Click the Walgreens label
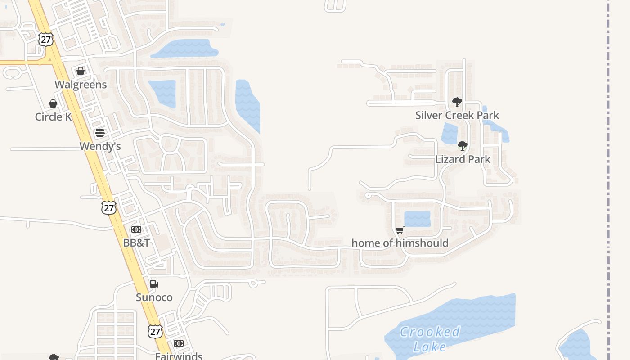[x=81, y=85]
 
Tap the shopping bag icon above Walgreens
[x=81, y=71]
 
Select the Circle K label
[x=53, y=117]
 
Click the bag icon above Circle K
[x=53, y=103]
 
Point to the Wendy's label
[x=100, y=146]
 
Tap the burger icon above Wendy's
[x=100, y=133]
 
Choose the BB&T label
[x=136, y=243]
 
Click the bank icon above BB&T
[x=136, y=229]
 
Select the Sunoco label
[x=154, y=297]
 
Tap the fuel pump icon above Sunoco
[x=154, y=284]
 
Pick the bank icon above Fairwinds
[x=179, y=343]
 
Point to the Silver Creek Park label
[x=457, y=115]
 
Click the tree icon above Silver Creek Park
[x=457, y=102]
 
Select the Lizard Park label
[x=463, y=159]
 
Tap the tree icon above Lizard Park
[x=462, y=146]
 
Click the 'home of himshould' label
[x=400, y=243]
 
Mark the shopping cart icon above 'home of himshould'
[x=400, y=230]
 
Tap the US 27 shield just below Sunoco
[x=155, y=332]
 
